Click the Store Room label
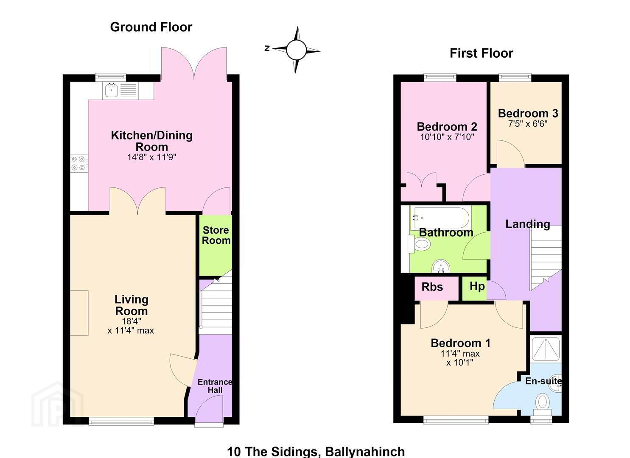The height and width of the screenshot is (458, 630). click(x=216, y=235)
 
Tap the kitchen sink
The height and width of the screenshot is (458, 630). click(x=111, y=90)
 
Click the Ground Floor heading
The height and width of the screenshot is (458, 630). click(x=151, y=27)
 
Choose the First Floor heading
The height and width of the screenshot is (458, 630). click(x=481, y=53)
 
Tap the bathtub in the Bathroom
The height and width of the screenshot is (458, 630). click(x=440, y=218)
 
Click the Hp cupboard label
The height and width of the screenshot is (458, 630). click(x=477, y=286)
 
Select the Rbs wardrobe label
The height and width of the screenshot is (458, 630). click(x=432, y=287)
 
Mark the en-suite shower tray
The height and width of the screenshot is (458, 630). click(x=546, y=349)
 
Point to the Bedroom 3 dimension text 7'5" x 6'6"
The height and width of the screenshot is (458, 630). click(x=528, y=124)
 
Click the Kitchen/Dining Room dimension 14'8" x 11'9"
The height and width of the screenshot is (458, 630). click(x=151, y=157)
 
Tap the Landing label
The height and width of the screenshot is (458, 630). click(x=527, y=224)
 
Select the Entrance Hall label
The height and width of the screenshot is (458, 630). click(x=215, y=386)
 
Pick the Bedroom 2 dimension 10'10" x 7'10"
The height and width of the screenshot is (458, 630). click(x=447, y=137)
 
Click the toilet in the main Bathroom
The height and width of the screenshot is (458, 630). click(x=419, y=244)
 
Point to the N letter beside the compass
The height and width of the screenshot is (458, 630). click(x=267, y=48)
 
